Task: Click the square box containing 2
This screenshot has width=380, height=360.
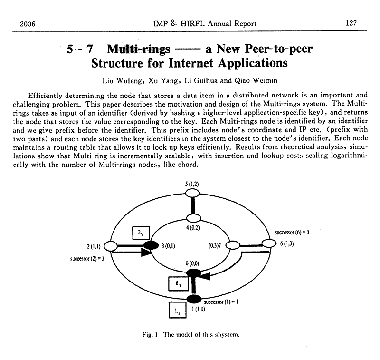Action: pos(141,234)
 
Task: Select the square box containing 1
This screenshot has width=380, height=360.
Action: pos(177,311)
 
